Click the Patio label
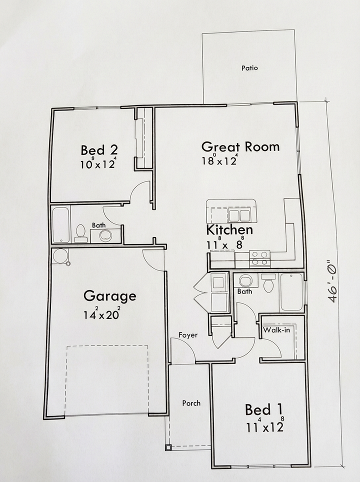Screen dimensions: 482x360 249,68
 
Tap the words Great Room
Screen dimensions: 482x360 240,147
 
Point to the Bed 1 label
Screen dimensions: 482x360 264,410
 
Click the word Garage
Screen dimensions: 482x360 109,296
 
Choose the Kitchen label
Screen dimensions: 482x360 229,230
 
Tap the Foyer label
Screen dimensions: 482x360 187,335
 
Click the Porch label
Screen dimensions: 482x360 191,403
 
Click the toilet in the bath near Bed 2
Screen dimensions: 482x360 80,233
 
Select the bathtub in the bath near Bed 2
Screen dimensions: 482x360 60,225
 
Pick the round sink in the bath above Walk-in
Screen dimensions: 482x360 245,280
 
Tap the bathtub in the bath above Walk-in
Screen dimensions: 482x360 291,292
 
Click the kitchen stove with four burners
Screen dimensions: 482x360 260,258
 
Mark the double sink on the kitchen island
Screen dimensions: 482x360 240,215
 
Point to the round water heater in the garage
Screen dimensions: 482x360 60,256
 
